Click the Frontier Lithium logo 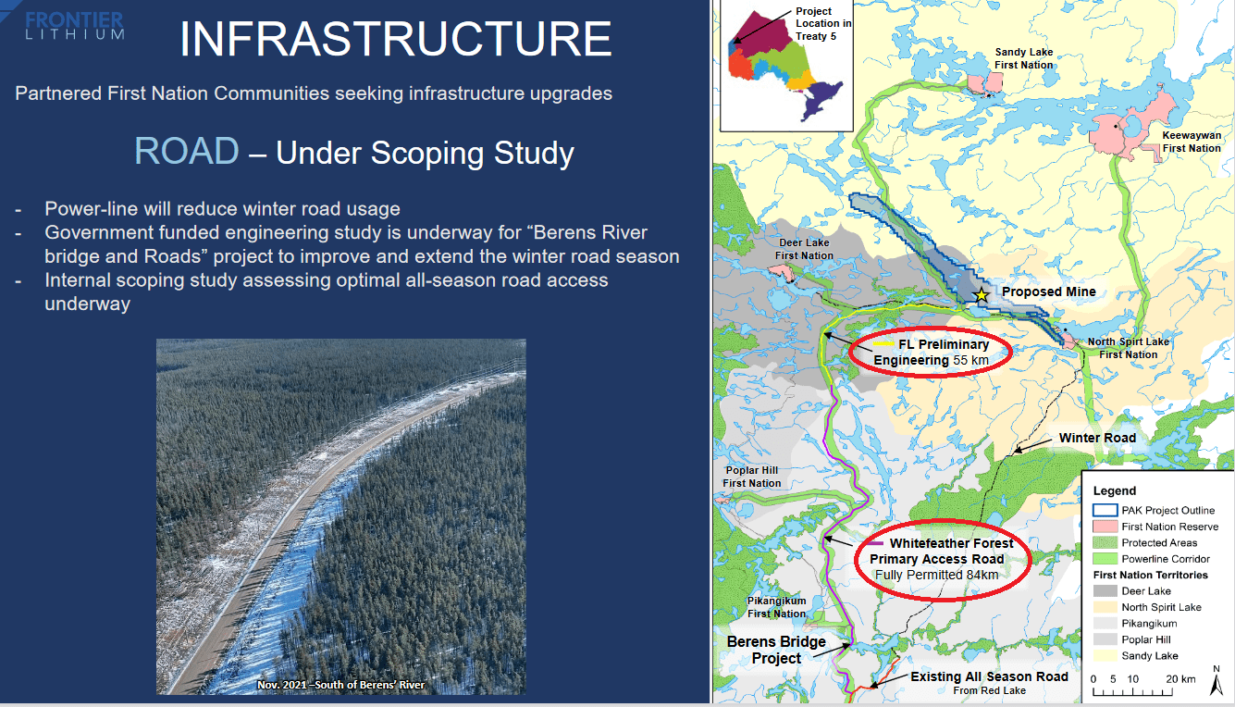[74, 25]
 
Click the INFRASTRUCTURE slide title [396, 39]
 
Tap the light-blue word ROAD [187, 151]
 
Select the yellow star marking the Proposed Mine [981, 295]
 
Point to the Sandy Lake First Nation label [1024, 58]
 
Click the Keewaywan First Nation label [1192, 142]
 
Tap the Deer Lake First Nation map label [804, 249]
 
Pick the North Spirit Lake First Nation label [1128, 348]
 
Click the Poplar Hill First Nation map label [751, 477]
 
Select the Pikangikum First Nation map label [776, 607]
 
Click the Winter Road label [1097, 438]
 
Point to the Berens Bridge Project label [776, 650]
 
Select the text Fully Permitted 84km [937, 575]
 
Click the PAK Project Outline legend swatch [1105, 510]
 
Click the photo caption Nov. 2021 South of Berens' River [340, 685]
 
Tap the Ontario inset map [785, 67]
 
